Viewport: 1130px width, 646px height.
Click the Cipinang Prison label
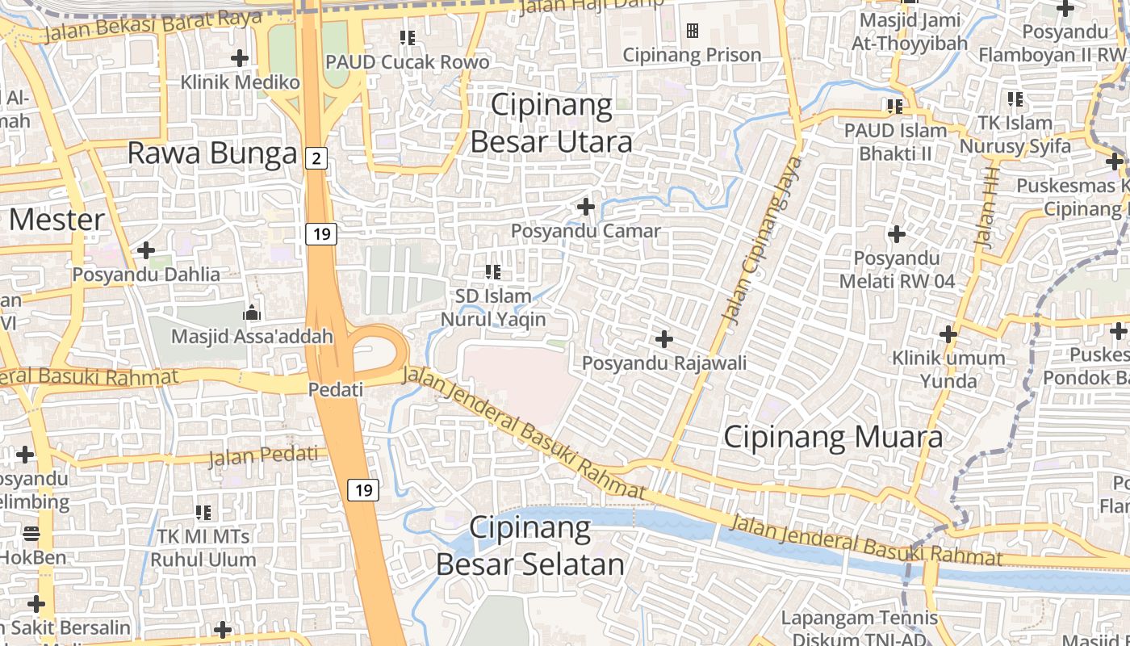coord(692,55)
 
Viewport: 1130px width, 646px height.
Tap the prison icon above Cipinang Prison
coord(692,31)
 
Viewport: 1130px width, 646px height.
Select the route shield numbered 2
coord(316,159)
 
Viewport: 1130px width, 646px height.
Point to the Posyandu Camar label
coord(585,231)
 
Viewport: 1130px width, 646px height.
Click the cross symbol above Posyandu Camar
coord(586,208)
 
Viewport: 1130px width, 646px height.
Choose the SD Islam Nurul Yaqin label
coord(493,308)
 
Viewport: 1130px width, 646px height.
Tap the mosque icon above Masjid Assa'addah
coord(252,313)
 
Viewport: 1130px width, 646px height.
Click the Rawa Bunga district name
coord(212,153)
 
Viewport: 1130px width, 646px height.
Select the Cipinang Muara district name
coord(832,437)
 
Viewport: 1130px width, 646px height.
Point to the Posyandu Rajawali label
coord(664,363)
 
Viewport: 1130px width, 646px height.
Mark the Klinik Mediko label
coord(240,82)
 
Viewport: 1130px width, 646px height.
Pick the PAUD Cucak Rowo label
coord(407,62)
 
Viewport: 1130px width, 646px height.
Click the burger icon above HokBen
coord(31,533)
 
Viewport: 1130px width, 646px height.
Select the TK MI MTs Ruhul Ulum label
coord(203,547)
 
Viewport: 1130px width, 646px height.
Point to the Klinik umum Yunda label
coord(948,369)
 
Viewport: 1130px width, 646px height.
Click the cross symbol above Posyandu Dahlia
coord(146,250)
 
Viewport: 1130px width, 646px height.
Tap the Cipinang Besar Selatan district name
coord(530,547)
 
